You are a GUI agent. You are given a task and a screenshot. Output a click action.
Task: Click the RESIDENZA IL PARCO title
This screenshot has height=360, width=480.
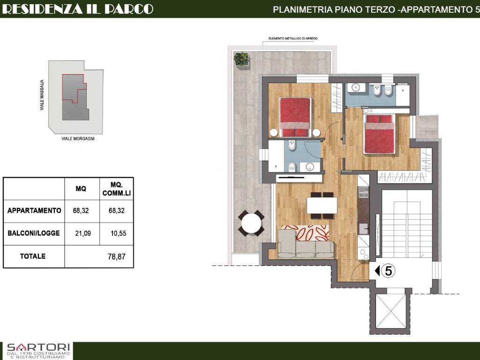click(77, 9)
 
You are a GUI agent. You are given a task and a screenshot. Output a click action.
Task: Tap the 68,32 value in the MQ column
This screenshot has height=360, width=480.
click(81, 210)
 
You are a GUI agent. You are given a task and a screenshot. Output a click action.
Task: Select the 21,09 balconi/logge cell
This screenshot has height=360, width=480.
click(83, 233)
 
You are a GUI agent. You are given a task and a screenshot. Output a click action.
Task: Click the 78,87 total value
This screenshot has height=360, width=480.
click(117, 256)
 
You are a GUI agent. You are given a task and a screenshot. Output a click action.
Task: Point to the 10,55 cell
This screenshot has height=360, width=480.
click(118, 233)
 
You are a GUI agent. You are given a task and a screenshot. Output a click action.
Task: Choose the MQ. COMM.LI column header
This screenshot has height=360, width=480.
click(117, 189)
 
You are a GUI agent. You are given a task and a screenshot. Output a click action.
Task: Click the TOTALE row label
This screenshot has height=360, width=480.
click(33, 256)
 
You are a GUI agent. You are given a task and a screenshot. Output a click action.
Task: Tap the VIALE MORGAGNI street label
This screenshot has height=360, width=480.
click(78, 139)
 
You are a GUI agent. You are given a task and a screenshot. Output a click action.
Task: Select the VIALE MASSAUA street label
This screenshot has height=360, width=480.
click(42, 95)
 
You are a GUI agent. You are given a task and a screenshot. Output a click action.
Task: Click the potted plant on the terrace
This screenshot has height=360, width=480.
click(241, 59)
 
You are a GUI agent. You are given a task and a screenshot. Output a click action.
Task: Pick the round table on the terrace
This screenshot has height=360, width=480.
click(251, 223)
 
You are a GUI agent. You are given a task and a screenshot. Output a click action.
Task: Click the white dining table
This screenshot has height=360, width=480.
click(322, 205)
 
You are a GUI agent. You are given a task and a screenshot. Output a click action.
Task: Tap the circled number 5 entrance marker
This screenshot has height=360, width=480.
click(389, 271)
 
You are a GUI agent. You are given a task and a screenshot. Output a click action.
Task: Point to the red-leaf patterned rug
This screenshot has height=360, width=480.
click(304, 233)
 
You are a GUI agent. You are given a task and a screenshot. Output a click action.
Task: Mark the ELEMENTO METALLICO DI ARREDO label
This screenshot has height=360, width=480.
click(293, 38)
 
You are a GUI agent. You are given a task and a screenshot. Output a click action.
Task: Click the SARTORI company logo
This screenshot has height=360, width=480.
click(38, 351)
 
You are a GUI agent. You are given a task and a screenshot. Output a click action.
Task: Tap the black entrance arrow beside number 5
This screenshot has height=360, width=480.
click(377, 270)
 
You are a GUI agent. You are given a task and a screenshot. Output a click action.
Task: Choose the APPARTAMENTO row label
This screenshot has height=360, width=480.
click(34, 210)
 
